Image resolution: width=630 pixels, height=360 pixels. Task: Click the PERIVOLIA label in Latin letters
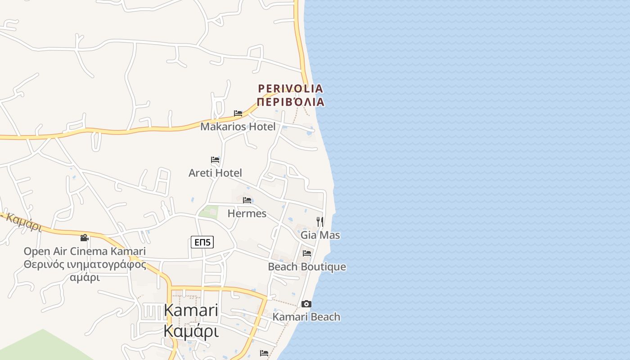[290, 88]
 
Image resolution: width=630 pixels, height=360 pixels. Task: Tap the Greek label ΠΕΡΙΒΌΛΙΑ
[290, 101]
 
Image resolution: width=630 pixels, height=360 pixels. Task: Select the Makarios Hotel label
[238, 126]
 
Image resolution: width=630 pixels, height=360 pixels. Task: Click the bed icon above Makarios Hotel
[238, 113]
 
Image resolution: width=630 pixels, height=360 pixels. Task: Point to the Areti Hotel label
[215, 173]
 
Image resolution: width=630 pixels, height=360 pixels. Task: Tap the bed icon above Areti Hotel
[215, 160]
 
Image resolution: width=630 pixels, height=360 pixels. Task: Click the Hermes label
[247, 213]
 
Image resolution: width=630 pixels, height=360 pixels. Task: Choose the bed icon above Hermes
[247, 200]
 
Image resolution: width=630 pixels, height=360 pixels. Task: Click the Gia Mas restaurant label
[320, 235]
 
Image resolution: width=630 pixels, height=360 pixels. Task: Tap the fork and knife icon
[320, 221]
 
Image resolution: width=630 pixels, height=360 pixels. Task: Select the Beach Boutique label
[307, 266]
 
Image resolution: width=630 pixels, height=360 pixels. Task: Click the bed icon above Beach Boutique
[307, 253]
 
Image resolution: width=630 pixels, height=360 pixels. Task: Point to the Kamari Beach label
[306, 317]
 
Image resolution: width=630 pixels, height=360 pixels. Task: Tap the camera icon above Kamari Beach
[306, 304]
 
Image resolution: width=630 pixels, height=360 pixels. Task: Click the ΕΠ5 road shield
[202, 242]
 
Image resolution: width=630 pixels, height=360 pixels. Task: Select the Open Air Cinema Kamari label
[85, 251]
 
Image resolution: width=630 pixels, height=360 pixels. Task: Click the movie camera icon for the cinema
[84, 238]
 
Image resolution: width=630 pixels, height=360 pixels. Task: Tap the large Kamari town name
[191, 310]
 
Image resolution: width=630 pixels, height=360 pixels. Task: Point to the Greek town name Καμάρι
[191, 331]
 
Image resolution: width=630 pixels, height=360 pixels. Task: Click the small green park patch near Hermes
[208, 212]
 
